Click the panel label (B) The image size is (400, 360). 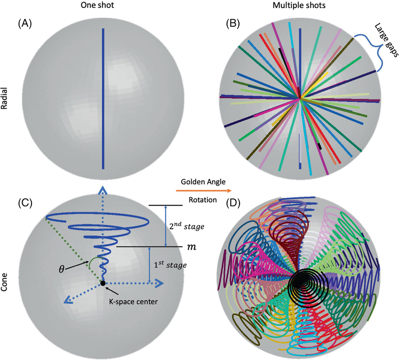click(234, 23)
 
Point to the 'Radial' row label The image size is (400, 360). click(6, 99)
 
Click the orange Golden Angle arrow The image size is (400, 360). click(203, 191)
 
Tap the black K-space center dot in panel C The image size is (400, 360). click(102, 283)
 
